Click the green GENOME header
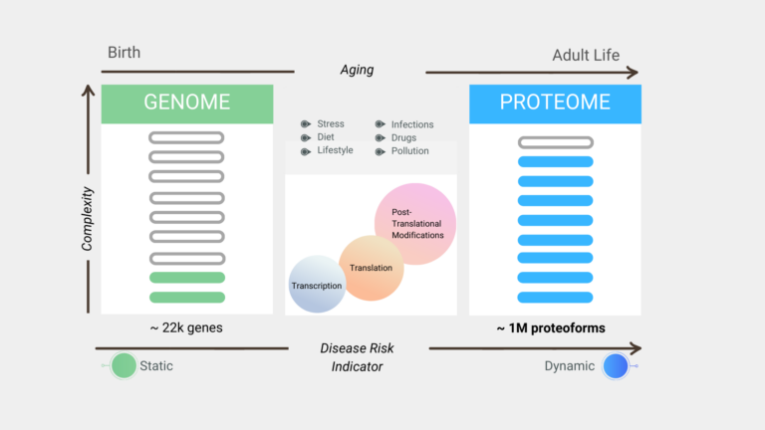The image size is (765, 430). (187, 104)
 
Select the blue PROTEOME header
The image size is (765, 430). (555, 104)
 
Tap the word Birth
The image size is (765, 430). (124, 52)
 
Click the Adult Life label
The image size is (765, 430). (586, 55)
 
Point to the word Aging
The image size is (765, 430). (357, 70)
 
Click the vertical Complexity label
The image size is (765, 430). (87, 219)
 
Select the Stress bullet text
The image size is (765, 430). (331, 123)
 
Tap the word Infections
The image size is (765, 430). (412, 124)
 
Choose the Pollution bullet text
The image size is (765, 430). (409, 151)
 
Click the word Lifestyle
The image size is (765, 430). (335, 150)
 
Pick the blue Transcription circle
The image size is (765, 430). (317, 284)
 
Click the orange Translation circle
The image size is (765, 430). (372, 268)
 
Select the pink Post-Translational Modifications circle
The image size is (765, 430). (415, 224)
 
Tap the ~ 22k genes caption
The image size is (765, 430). (186, 327)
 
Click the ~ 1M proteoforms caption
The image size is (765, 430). (551, 328)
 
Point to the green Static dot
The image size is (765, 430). (124, 365)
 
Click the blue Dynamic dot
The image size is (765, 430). (616, 365)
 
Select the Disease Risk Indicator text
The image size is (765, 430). (357, 357)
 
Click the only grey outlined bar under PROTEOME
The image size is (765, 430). (556, 142)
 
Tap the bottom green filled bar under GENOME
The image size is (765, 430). (187, 298)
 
